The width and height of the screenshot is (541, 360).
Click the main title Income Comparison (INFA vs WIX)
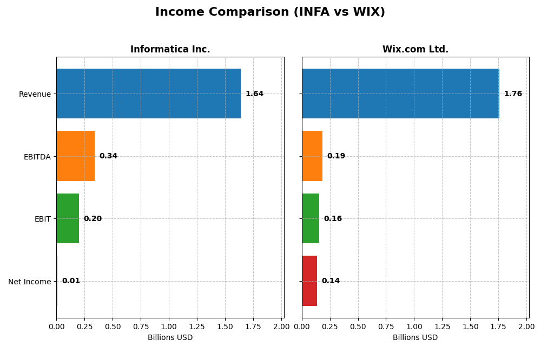[x=270, y=12]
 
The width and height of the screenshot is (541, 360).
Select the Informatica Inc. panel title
[x=170, y=49]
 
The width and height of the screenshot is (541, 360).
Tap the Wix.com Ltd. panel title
[x=415, y=49]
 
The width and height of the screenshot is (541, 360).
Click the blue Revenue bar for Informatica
[x=148, y=94]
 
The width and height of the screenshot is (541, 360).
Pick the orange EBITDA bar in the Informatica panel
[x=75, y=156]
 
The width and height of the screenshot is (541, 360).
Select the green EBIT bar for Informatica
[x=68, y=218]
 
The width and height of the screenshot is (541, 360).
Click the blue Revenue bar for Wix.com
[x=400, y=94]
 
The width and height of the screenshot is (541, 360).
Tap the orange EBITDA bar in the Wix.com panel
[x=312, y=156]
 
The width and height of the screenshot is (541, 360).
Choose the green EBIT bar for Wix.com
[x=311, y=218]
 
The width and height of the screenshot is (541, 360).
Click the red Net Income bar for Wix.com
[x=309, y=281]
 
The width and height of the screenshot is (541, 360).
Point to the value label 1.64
[x=254, y=94]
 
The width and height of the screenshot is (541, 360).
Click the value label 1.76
[x=513, y=94]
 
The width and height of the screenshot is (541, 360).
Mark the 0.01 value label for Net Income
[x=71, y=281]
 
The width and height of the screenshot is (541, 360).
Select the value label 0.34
[x=108, y=156]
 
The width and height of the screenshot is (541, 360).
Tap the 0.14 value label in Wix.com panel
[x=331, y=281]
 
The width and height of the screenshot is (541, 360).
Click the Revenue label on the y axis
[x=35, y=94]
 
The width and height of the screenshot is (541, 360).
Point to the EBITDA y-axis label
[x=37, y=157]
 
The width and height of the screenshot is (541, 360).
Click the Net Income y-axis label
[x=29, y=282]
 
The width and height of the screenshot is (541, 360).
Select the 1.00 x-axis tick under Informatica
[x=169, y=326]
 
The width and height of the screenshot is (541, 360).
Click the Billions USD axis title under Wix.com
[x=415, y=338]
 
